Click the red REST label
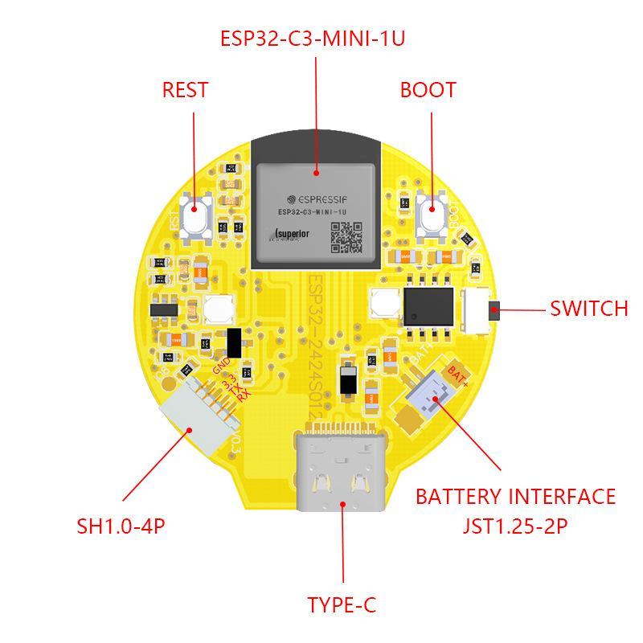185,89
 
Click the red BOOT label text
428,89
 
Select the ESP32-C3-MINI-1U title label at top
313,38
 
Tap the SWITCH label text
588,309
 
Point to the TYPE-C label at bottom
342,604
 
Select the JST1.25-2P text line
516,526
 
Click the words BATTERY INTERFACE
515,497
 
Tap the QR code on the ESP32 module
347,236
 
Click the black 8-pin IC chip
427,305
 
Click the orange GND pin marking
221,366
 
